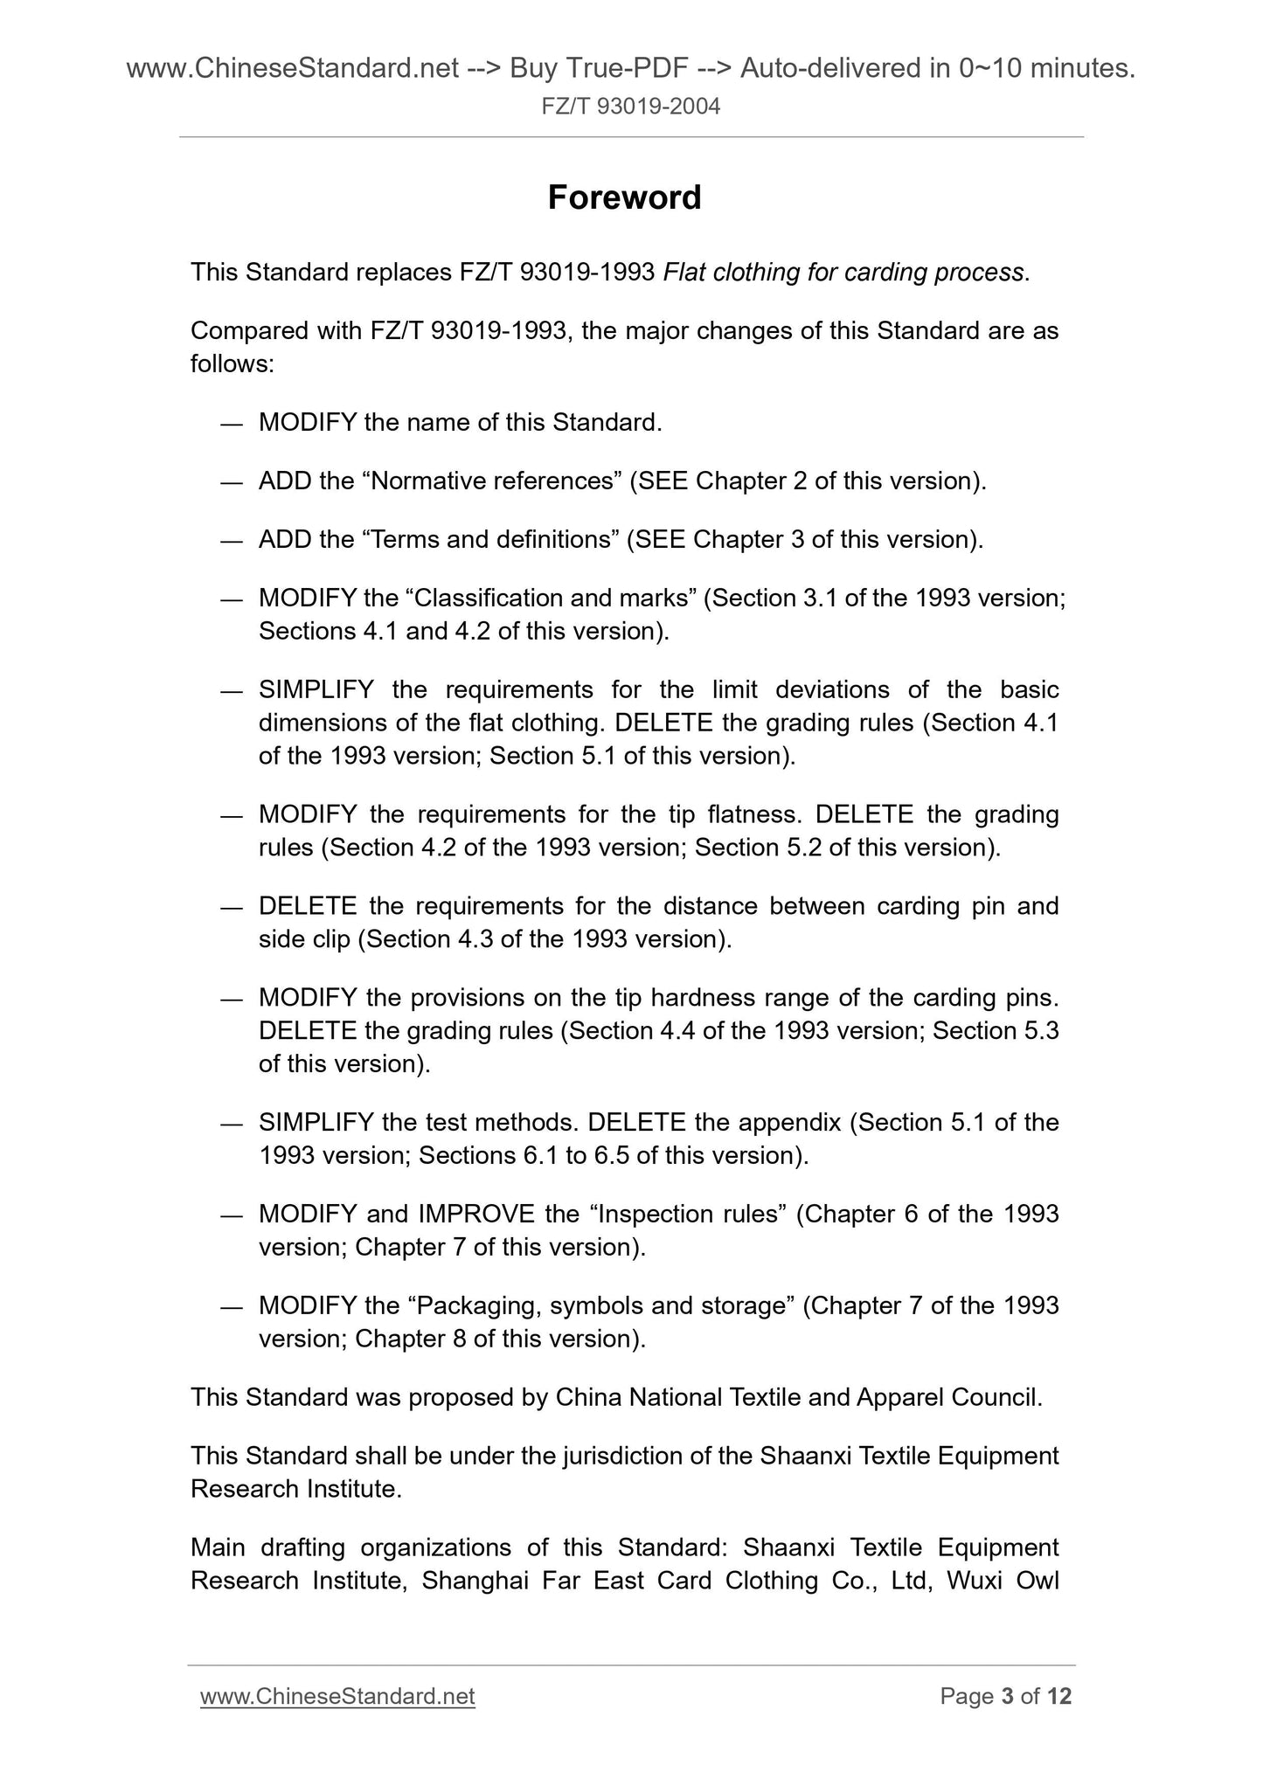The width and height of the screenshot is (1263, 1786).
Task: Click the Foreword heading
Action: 624,197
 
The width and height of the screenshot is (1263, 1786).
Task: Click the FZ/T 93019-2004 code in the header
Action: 631,107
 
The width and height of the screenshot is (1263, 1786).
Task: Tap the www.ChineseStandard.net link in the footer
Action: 337,1696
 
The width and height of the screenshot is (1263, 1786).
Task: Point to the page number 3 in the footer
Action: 1007,1696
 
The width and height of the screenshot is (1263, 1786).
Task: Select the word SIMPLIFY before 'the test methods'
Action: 316,1122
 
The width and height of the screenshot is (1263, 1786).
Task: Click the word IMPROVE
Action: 476,1214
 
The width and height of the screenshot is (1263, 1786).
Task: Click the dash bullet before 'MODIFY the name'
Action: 231,424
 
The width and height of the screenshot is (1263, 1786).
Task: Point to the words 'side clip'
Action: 304,938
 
